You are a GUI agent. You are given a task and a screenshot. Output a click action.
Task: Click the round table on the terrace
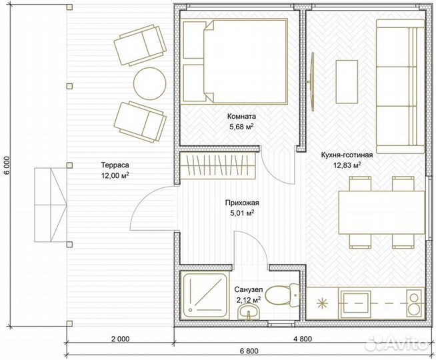[149, 83]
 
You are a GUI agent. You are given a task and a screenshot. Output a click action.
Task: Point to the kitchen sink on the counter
[355, 304]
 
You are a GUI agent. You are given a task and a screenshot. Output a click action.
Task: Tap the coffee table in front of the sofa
[347, 82]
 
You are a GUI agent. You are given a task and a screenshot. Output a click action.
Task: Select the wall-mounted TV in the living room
[312, 82]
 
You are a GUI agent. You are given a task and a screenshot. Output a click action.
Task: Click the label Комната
[241, 116]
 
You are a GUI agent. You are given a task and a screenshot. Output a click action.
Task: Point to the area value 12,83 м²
[347, 165]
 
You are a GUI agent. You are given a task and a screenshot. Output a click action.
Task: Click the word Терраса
[115, 165]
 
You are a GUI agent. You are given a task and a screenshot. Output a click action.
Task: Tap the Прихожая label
[242, 203]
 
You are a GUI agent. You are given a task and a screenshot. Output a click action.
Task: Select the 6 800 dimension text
[249, 351]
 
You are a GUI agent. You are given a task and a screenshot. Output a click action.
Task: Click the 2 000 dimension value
[120, 339]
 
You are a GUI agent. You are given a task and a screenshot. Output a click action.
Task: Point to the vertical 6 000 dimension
[7, 165]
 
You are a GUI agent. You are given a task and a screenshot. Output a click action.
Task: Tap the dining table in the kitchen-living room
[382, 213]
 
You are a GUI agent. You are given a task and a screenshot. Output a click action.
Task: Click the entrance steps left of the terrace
[51, 205]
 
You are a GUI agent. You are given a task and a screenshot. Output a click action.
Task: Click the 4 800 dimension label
[303, 339]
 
